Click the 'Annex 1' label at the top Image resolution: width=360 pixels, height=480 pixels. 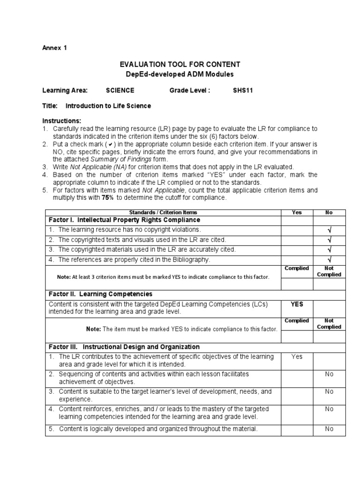point(54,47)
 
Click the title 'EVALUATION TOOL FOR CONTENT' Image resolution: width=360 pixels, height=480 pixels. point(180,65)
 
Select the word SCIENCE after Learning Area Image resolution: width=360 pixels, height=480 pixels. point(120,90)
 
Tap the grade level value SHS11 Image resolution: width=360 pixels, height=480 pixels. point(243,90)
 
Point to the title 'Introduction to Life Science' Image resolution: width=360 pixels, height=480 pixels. point(108,106)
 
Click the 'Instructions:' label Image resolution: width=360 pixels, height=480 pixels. point(61,121)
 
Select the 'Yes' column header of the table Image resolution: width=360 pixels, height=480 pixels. point(297,212)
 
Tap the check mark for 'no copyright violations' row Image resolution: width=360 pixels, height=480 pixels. point(329,230)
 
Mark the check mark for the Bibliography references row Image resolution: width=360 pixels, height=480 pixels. point(329,260)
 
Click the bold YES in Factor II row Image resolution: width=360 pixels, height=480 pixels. point(297,304)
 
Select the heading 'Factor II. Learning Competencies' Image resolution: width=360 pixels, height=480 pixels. point(101,294)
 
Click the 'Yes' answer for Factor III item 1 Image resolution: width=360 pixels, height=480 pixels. point(297,357)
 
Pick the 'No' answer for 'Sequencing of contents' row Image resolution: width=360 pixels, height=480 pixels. point(329,374)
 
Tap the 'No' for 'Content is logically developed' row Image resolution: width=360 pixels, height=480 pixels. point(329,429)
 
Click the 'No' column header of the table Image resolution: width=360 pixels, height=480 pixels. point(329,212)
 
